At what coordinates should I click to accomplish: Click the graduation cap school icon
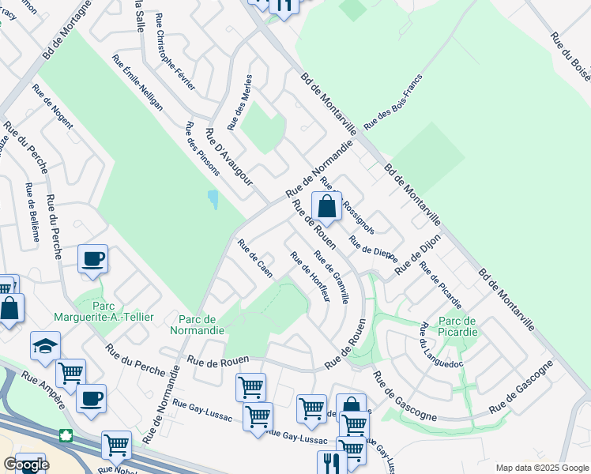point(45,345)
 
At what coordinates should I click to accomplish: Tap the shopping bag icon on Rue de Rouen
point(326,207)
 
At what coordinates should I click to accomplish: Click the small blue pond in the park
point(213,199)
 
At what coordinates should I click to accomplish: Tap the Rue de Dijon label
point(417,258)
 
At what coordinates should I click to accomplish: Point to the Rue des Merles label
point(239,102)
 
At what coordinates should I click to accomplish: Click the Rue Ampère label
point(44,389)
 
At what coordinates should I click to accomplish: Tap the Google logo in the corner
point(25,465)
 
